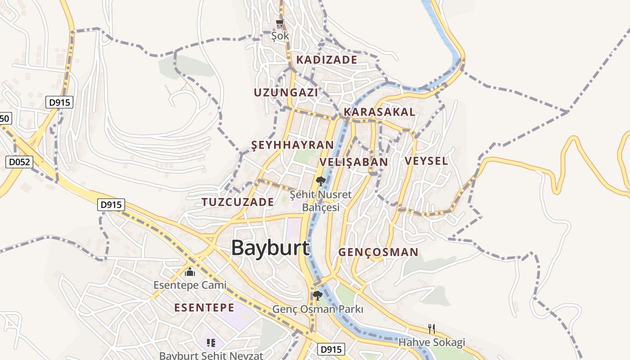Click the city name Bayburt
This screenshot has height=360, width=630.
click(x=270, y=248)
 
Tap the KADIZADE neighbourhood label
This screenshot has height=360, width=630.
click(x=327, y=60)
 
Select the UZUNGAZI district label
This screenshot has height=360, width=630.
click(x=286, y=93)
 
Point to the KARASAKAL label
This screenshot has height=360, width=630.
click(x=379, y=112)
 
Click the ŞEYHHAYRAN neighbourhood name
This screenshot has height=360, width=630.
click(x=292, y=145)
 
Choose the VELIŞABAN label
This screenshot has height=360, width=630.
click(x=354, y=162)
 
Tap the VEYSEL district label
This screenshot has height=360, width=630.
click(x=426, y=161)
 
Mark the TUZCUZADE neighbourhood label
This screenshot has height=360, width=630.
click(x=238, y=202)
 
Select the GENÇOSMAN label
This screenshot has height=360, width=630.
click(x=378, y=252)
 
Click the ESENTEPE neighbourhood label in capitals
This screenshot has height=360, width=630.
click(x=204, y=308)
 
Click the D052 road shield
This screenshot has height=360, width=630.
click(x=20, y=162)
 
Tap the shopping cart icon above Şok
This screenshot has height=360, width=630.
click(x=280, y=22)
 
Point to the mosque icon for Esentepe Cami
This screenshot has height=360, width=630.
click(x=190, y=272)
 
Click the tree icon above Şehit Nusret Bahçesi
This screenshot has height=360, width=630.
click(x=320, y=181)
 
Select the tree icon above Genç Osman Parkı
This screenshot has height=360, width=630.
click(x=317, y=296)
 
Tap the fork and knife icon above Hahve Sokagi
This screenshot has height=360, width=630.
click(x=432, y=329)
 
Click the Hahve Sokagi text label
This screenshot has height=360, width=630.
click(x=432, y=342)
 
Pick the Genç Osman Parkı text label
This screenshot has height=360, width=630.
click(x=318, y=309)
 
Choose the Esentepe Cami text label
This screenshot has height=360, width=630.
click(x=190, y=285)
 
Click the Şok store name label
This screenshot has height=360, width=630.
click(x=280, y=35)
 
